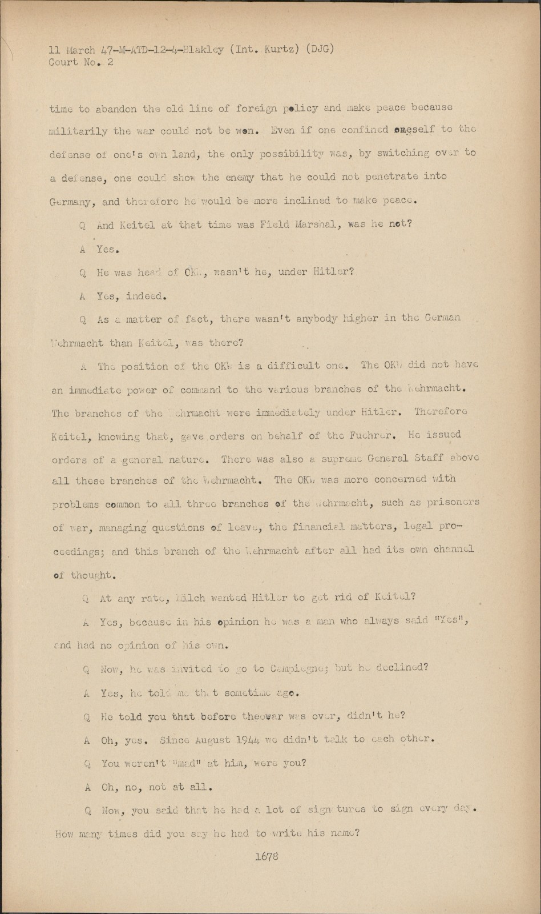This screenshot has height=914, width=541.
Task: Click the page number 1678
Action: (x=267, y=856)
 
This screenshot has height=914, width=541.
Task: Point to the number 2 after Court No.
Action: (x=110, y=62)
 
